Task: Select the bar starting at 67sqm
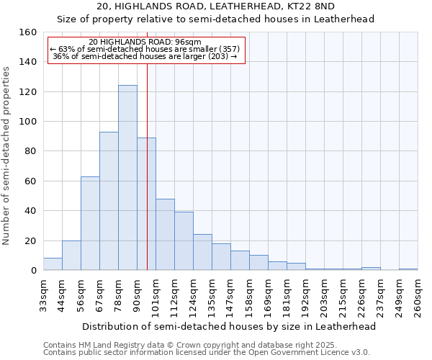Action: pyautogui.click(x=109, y=201)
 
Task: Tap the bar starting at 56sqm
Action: pyautogui.click(x=90, y=223)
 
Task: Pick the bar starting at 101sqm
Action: pyautogui.click(x=165, y=234)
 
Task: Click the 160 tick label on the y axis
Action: pyautogui.click(x=28, y=32)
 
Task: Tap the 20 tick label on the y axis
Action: pyautogui.click(x=31, y=240)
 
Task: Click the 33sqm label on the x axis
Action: pyautogui.click(x=43, y=294)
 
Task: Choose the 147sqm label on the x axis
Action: pyautogui.click(x=230, y=296)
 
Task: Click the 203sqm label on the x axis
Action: pyautogui.click(x=324, y=296)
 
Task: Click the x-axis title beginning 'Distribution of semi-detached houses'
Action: pyautogui.click(x=229, y=326)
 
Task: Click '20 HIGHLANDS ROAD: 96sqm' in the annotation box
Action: pyautogui.click(x=145, y=42)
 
